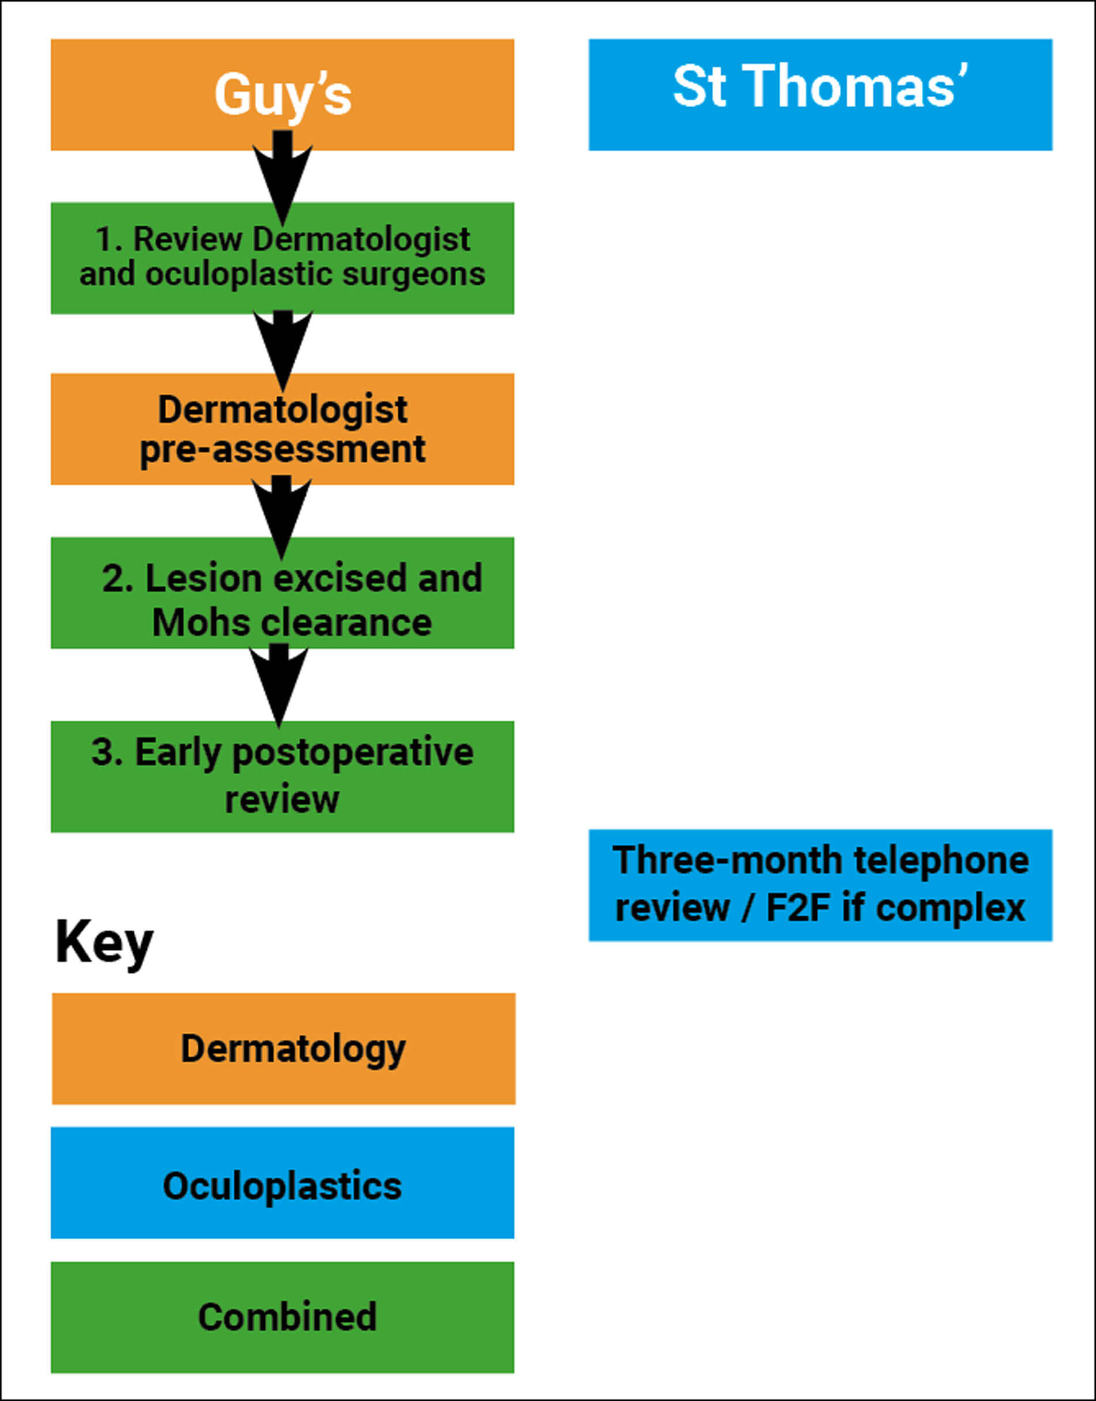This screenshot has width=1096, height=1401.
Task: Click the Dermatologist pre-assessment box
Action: pyautogui.click(x=282, y=429)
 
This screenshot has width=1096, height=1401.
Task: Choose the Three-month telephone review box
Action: pyautogui.click(x=820, y=885)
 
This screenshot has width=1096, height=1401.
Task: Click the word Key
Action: pyautogui.click(x=104, y=943)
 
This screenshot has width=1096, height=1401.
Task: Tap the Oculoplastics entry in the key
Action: pyautogui.click(x=282, y=1185)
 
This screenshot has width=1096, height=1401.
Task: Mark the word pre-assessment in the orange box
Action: pyautogui.click(x=282, y=448)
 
